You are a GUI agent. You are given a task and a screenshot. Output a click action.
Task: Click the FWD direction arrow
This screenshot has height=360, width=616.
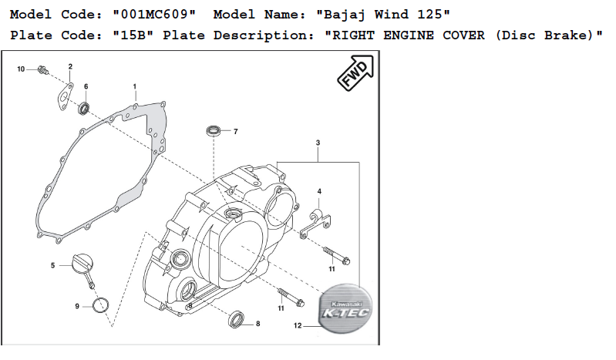356,72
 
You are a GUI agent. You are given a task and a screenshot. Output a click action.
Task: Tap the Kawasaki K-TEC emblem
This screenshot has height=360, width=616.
345,308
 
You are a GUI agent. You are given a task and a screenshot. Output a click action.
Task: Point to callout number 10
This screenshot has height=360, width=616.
21,69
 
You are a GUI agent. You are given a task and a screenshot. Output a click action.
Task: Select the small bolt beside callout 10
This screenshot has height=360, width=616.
43,70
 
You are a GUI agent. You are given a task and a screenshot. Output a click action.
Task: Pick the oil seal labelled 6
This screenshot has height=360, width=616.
84,108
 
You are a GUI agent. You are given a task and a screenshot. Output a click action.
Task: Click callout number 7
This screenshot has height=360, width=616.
236,132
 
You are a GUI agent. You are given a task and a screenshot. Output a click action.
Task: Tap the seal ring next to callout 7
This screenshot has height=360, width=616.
214,131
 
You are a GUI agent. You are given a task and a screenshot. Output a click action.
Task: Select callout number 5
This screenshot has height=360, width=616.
52,266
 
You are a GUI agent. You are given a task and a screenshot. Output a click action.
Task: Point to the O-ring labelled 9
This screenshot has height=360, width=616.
100,306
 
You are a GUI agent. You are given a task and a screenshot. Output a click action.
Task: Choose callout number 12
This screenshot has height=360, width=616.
298,325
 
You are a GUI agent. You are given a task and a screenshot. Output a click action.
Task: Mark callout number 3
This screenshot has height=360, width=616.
318,143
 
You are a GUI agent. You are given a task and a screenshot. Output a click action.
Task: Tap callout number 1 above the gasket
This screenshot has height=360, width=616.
135,86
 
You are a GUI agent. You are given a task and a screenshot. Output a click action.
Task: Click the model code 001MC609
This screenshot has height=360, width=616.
154,15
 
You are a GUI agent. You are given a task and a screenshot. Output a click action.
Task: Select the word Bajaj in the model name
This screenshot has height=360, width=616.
341,15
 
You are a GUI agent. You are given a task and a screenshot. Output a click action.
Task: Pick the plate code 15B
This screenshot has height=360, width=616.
133,35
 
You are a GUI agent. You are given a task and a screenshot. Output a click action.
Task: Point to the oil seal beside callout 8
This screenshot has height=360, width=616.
237,318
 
